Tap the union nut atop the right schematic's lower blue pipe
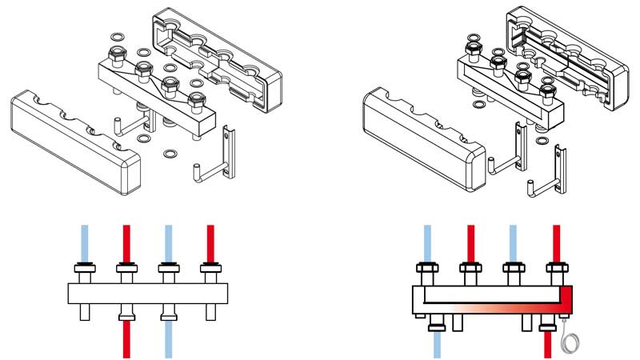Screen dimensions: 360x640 pos(437,324)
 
